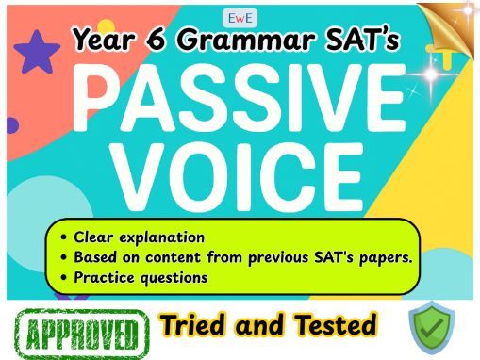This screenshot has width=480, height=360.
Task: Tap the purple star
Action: click(x=38, y=53)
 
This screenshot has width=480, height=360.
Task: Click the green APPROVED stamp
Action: click(x=83, y=333)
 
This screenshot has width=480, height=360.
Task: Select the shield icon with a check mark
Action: click(x=432, y=330)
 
